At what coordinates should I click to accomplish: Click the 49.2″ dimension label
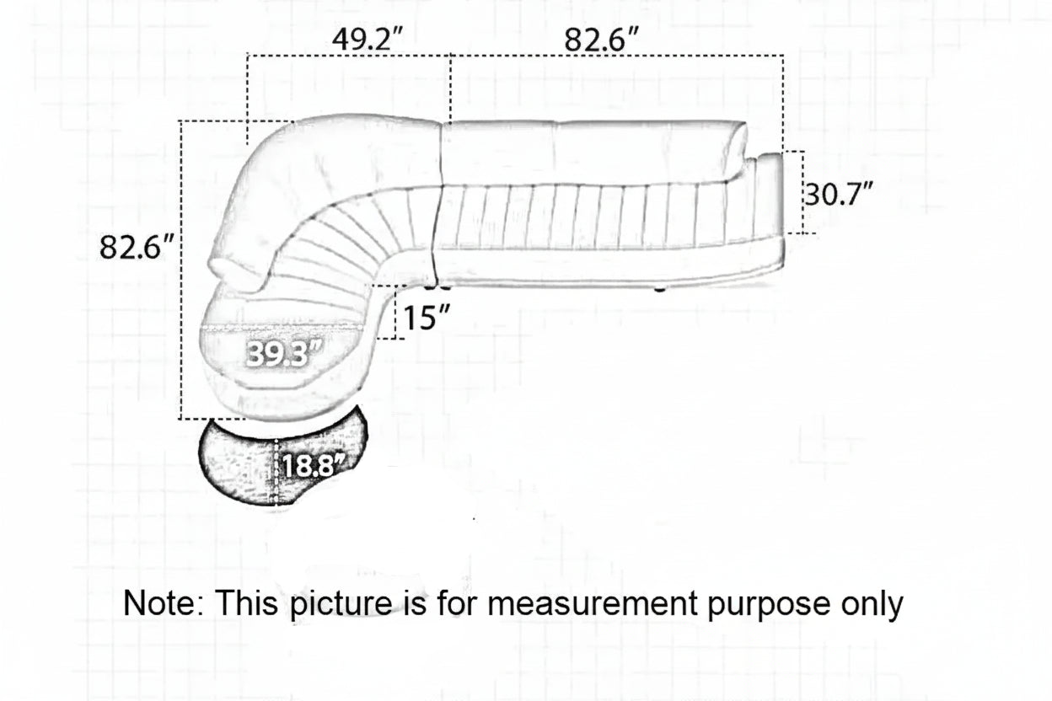[x=368, y=40]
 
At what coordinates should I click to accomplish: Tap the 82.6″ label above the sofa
[x=601, y=40]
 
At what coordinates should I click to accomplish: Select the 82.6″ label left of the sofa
[x=137, y=247]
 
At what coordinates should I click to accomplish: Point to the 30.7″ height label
[x=839, y=194]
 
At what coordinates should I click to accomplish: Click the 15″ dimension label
[x=426, y=318]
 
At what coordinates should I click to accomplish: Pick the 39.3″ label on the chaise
[x=285, y=354]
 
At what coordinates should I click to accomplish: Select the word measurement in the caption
[x=592, y=603]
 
